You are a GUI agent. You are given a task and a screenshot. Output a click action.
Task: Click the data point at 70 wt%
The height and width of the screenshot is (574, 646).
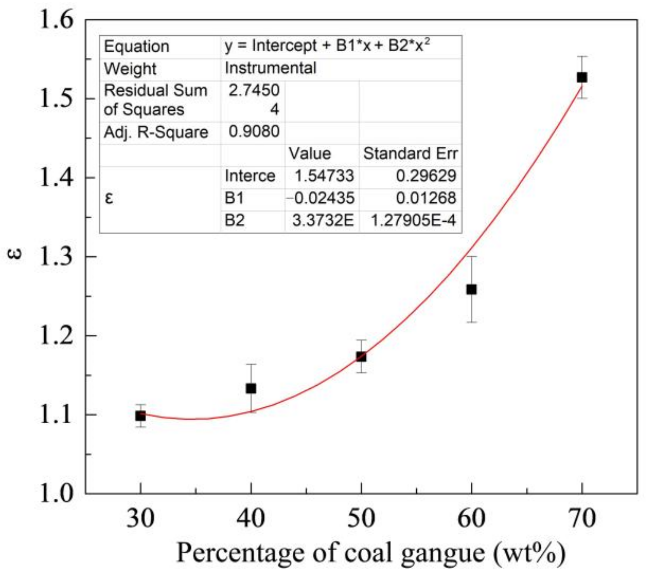click(x=581, y=77)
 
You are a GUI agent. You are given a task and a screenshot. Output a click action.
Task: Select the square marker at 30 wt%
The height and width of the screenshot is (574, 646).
click(x=140, y=416)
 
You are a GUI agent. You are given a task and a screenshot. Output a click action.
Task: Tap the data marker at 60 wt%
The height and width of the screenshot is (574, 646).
click(x=471, y=289)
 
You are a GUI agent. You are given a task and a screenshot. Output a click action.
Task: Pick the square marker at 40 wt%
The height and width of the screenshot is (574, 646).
click(x=251, y=388)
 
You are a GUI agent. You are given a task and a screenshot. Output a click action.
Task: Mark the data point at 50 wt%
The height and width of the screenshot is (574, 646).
click(x=361, y=357)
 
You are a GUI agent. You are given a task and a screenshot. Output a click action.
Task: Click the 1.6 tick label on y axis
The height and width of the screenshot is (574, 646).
click(x=57, y=19)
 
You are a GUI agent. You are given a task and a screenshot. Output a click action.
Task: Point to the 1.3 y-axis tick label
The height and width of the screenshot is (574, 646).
click(x=57, y=257)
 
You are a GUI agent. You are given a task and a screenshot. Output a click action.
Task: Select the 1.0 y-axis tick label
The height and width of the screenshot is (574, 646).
click(x=57, y=494)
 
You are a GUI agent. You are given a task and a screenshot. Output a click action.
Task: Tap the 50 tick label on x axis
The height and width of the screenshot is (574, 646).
click(x=361, y=518)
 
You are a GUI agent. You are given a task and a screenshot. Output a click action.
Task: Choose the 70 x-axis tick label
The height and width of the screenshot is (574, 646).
click(x=581, y=518)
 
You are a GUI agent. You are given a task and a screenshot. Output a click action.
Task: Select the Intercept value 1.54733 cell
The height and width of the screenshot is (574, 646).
click(x=324, y=176)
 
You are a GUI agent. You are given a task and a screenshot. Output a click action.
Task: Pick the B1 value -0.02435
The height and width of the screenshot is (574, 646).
click(x=321, y=198)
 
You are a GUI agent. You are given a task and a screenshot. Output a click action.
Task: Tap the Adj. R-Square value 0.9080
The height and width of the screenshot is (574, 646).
click(x=254, y=132)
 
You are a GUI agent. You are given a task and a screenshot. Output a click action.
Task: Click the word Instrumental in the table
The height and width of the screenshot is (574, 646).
click(x=271, y=68)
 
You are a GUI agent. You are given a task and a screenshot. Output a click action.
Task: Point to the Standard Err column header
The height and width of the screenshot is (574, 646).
click(x=410, y=154)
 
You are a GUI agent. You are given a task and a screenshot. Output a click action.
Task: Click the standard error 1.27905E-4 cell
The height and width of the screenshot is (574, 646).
click(x=413, y=221)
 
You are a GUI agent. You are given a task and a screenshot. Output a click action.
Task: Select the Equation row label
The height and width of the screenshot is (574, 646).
click(x=136, y=47)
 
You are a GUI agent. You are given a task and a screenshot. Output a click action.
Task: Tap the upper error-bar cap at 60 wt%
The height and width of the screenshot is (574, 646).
click(x=471, y=256)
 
